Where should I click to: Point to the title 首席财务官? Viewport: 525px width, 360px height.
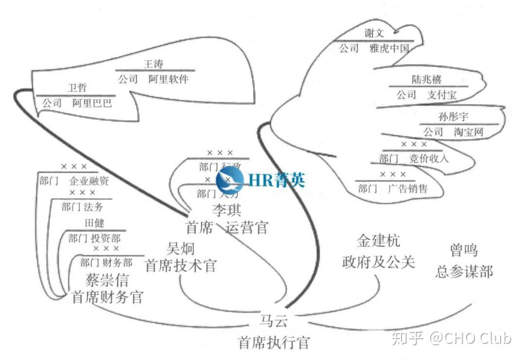point(107,296)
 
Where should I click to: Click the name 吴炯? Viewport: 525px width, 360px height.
point(180,249)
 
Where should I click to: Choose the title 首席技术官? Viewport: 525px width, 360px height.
point(181,266)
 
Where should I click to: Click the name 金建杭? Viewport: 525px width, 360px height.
point(378,242)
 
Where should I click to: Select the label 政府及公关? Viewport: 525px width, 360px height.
point(378,262)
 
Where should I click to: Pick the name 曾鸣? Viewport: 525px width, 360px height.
point(463,251)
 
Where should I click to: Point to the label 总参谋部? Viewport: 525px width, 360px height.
point(463,271)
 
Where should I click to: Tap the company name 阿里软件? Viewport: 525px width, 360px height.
point(168,79)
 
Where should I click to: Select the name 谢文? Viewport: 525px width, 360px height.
point(374,33)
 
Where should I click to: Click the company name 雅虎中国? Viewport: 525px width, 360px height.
point(389,49)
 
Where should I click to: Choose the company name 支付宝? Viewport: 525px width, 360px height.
point(442,95)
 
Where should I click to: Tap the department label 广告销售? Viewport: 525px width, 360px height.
point(407,189)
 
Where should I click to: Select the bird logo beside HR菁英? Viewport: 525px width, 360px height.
point(230,181)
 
